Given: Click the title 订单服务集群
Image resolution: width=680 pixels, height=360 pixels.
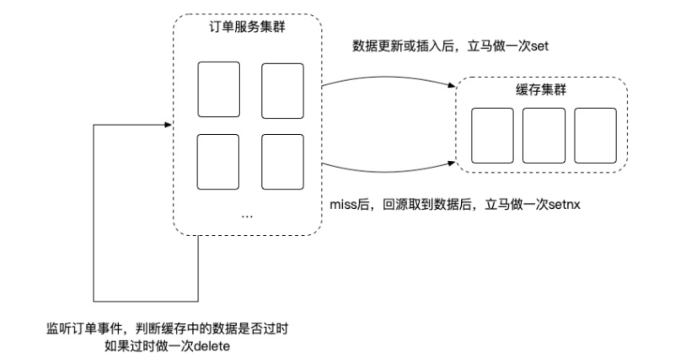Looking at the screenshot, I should pyautogui.click(x=247, y=27).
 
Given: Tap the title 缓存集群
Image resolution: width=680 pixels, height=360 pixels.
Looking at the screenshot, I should pyautogui.click(x=541, y=90).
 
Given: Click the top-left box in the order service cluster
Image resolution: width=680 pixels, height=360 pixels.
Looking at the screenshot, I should pyautogui.click(x=219, y=90).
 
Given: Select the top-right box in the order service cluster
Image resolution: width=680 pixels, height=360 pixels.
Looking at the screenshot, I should pyautogui.click(x=283, y=91).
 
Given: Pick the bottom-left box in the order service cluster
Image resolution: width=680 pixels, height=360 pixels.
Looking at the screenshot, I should pyautogui.click(x=218, y=162).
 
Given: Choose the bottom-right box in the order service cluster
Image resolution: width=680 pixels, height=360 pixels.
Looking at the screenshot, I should pyautogui.click(x=283, y=162).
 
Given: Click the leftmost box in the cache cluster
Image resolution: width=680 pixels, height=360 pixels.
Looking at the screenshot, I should pyautogui.click(x=492, y=136).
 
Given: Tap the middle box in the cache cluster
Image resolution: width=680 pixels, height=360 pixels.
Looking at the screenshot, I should pyautogui.click(x=544, y=136).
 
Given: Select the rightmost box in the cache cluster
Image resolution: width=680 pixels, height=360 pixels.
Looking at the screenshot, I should pyautogui.click(x=596, y=136).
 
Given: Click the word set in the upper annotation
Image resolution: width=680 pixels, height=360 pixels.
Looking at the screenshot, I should pyautogui.click(x=540, y=47).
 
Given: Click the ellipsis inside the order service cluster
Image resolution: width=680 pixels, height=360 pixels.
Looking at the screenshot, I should pyautogui.click(x=247, y=216).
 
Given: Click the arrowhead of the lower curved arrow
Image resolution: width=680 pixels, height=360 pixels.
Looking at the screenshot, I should pyautogui.click(x=453, y=163).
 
